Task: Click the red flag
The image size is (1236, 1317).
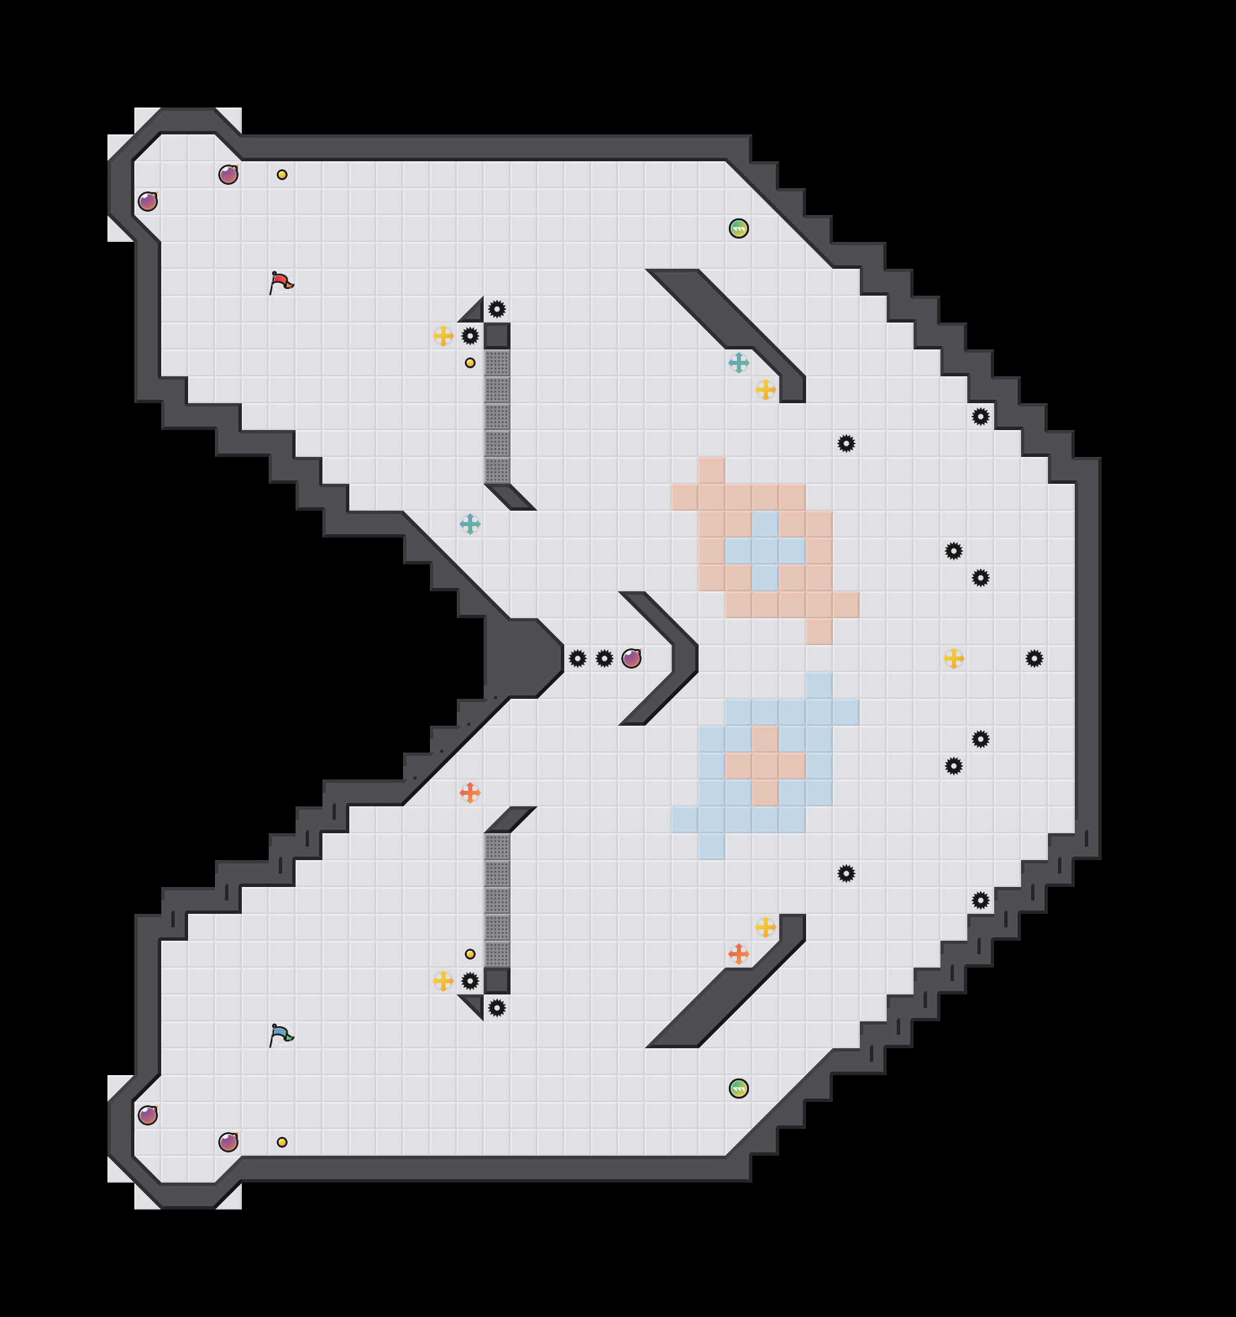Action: [x=281, y=282]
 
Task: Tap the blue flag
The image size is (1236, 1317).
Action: [x=281, y=1035]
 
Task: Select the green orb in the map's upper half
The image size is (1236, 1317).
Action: [x=739, y=228]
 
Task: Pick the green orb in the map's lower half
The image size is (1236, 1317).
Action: [x=739, y=1089]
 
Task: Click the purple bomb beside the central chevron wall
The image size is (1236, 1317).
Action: [x=631, y=658]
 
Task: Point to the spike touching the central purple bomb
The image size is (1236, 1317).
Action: [x=605, y=658]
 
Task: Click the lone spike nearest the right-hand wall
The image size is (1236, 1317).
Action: [x=1034, y=658]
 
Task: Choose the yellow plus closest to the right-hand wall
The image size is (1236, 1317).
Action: [x=954, y=658]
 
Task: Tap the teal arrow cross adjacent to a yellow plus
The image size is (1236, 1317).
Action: [x=739, y=363]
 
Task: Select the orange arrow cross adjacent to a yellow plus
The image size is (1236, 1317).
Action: [x=739, y=954]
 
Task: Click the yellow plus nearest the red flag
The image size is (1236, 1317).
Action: [x=443, y=336]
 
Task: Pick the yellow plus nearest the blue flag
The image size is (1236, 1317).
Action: [x=443, y=981]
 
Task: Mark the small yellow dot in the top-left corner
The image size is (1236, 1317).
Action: [x=282, y=175]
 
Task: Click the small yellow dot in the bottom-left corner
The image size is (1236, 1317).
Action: [x=282, y=1142]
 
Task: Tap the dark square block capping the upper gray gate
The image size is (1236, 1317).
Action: [x=497, y=336]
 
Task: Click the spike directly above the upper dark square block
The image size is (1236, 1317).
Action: [x=497, y=309]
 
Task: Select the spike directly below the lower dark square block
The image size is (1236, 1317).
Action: [x=497, y=1008]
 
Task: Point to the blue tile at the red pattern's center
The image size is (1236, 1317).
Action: [x=766, y=551]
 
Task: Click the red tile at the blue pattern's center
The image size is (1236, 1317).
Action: [x=766, y=766]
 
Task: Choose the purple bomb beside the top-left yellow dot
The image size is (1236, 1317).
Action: [x=228, y=175]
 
